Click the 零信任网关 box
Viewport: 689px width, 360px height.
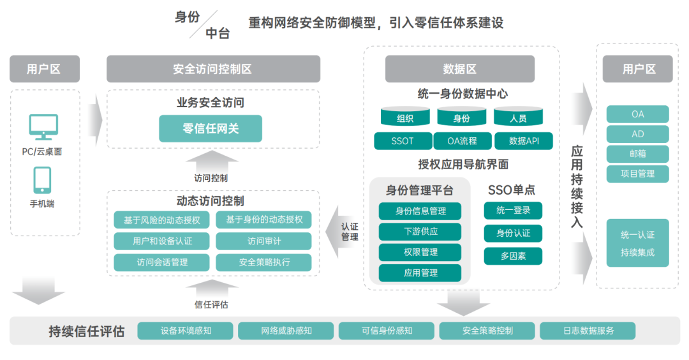tap(211, 128)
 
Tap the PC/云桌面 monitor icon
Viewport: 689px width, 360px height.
tap(43, 128)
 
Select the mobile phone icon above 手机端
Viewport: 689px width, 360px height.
tap(43, 180)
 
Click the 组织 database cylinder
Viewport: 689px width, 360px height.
tap(405, 117)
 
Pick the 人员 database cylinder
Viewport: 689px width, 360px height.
tap(518, 117)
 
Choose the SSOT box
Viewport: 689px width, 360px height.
tap(402, 141)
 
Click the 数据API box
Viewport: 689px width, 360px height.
tap(523, 141)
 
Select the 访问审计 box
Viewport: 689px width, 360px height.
tap(263, 241)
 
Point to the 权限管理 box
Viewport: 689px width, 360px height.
tap(420, 252)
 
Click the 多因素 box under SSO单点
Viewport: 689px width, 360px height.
tap(513, 256)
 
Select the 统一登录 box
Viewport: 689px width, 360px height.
tap(513, 210)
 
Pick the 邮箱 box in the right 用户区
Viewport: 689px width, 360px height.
tap(637, 154)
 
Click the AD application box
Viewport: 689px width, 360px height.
tap(637, 134)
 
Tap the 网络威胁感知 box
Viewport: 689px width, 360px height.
tap(286, 331)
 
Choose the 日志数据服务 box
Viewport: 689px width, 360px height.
tap(588, 331)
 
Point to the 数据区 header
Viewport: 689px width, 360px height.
tap(459, 69)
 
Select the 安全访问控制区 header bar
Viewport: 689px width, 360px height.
tap(213, 69)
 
